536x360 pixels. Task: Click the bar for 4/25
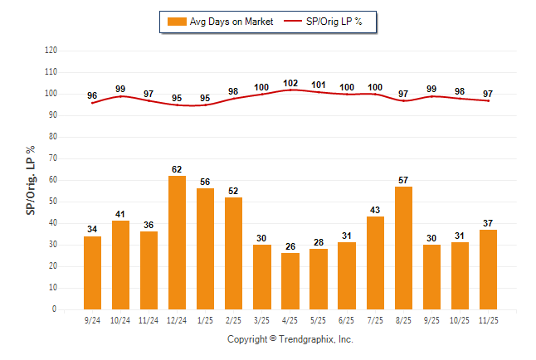(290, 281)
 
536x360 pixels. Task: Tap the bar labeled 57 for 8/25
(403, 248)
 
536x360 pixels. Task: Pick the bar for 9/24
(92, 273)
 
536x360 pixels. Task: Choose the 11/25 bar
(488, 270)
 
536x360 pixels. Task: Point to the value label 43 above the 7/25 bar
(375, 209)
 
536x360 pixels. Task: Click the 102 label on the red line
(290, 83)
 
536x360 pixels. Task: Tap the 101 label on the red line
(319, 85)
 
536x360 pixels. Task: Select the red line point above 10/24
(120, 96)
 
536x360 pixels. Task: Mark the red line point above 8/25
(403, 100)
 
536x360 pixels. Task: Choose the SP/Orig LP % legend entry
(324, 22)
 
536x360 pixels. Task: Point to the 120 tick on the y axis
(51, 51)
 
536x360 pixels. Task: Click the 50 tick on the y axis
(52, 202)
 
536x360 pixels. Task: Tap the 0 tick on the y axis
(55, 309)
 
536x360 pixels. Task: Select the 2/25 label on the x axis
(233, 319)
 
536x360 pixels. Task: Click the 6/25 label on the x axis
(347, 319)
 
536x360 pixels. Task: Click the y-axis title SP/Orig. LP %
(31, 181)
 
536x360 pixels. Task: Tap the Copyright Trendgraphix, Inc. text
(290, 339)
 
